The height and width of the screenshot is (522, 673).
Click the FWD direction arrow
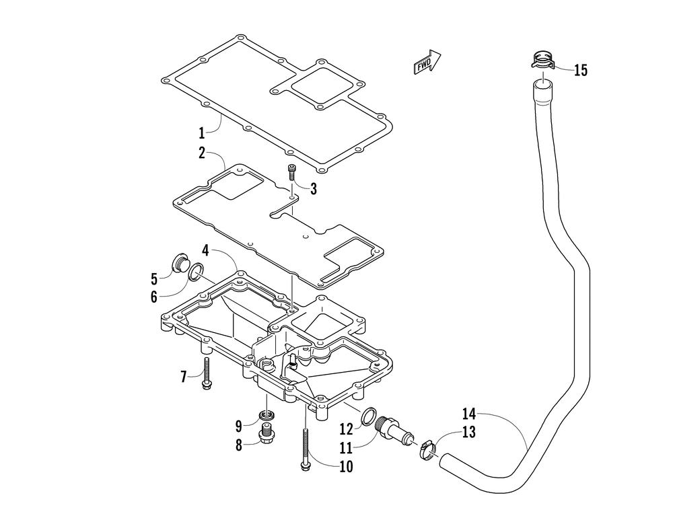click(427, 63)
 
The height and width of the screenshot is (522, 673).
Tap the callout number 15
click(580, 70)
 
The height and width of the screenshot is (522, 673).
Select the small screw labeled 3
click(291, 172)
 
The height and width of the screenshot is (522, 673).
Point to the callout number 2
click(201, 153)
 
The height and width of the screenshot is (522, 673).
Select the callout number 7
click(184, 376)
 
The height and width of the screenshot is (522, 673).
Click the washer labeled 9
click(266, 414)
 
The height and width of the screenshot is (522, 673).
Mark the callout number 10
click(345, 465)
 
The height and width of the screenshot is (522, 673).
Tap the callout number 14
click(469, 414)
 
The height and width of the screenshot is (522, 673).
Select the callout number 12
click(345, 428)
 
